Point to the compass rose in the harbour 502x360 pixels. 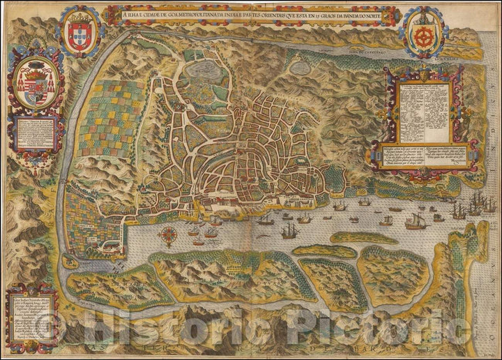pyautogui.click(x=167, y=235)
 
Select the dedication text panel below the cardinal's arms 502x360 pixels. pyautogui.click(x=33, y=135)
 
